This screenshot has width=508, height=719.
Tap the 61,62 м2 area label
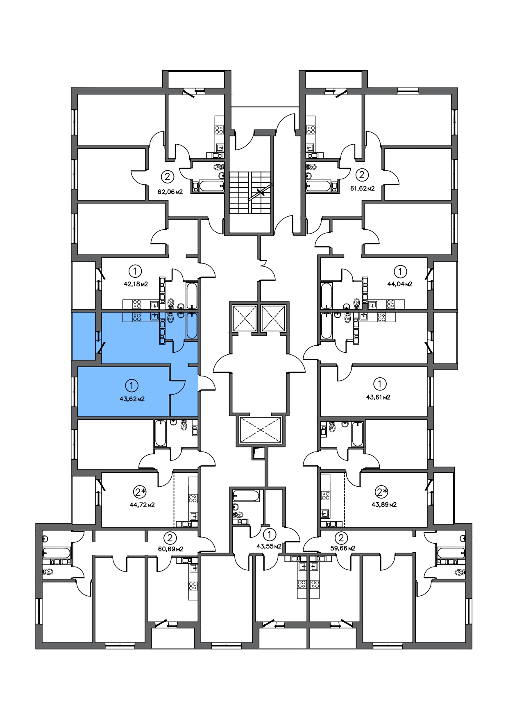(362, 189)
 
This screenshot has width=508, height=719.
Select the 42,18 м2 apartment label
(135, 284)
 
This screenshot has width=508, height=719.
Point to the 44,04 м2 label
(400, 284)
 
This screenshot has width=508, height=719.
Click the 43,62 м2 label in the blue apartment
(132, 399)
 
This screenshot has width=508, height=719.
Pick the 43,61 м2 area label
(378, 397)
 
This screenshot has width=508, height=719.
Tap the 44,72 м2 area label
(142, 505)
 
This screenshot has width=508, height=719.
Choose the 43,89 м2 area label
(384, 505)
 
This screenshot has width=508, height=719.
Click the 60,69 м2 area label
(170, 549)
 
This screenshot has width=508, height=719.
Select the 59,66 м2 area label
(342, 548)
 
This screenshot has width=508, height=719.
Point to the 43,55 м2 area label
(269, 546)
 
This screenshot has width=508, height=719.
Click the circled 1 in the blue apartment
(131, 386)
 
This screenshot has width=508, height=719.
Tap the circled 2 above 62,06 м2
(167, 177)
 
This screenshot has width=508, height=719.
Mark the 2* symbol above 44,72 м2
(140, 491)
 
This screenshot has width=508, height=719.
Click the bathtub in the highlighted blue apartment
(192, 326)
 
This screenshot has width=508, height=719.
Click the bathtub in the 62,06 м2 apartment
(209, 186)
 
